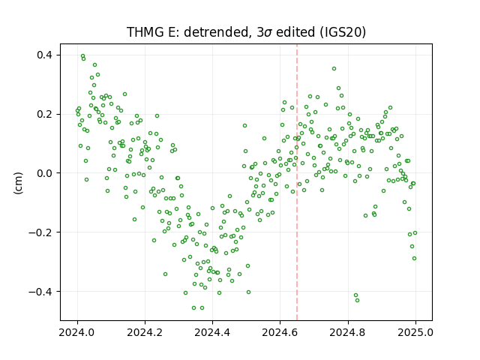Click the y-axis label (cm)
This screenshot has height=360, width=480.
(18, 183)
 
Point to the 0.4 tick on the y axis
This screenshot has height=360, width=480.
(45, 55)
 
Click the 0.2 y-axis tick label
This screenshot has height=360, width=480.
(45, 114)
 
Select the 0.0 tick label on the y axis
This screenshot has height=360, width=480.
(45, 173)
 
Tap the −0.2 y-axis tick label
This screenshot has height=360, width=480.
(40, 232)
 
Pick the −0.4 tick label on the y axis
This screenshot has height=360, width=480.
(40, 292)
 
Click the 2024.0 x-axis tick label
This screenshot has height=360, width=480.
(77, 332)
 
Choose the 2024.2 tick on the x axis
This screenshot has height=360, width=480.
(145, 332)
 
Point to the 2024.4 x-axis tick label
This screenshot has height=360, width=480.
(212, 332)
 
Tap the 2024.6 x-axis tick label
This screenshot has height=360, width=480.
(280, 332)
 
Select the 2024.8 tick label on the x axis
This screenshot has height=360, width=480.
(347, 332)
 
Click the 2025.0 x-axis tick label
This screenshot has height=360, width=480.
(415, 332)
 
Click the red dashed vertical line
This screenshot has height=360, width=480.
(297, 182)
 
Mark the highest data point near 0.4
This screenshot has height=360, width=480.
(82, 56)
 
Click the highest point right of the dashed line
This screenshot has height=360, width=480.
(334, 68)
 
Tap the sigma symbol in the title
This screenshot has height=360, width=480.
(268, 33)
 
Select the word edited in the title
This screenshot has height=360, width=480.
(295, 31)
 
